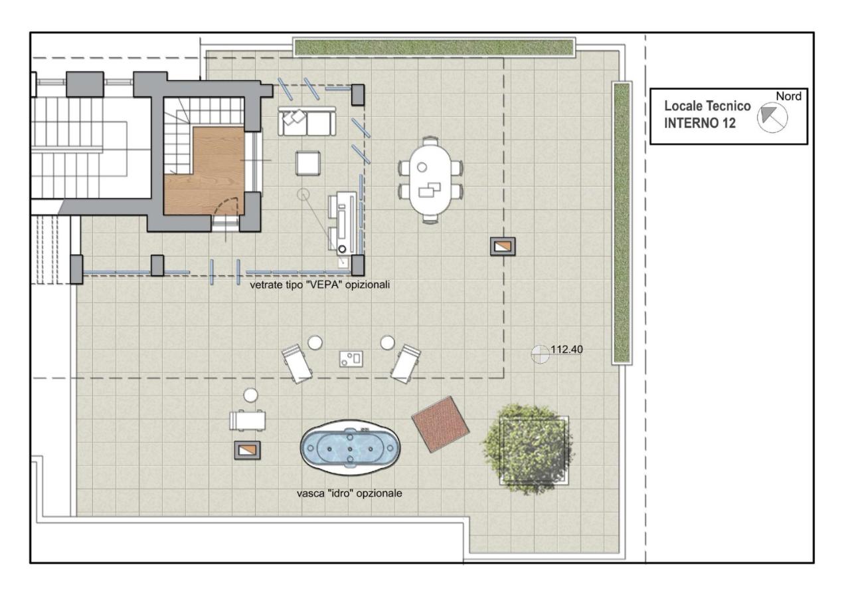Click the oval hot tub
click(350, 448)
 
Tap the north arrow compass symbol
click(772, 118)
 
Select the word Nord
click(788, 96)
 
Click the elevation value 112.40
click(566, 349)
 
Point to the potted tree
click(529, 449)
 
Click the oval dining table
click(430, 180)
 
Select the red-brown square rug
click(440, 424)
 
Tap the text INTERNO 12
click(700, 123)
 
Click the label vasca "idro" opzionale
click(349, 493)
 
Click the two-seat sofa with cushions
click(307, 121)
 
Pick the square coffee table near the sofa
click(307, 163)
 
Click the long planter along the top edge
click(434, 47)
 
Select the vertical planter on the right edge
click(622, 223)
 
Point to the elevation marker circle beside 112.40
click(540, 354)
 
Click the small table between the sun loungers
click(351, 359)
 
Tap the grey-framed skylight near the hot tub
click(248, 450)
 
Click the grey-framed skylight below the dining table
click(503, 246)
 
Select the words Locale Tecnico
click(707, 106)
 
